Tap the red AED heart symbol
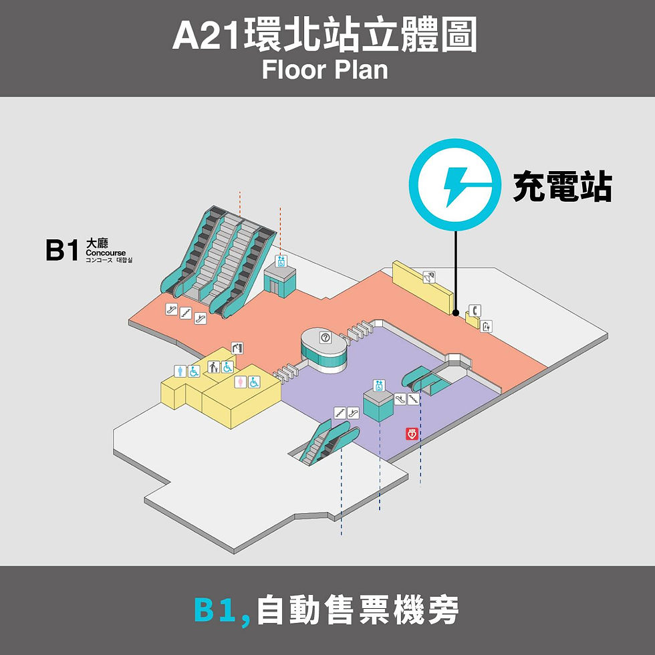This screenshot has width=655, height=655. tap(412, 434)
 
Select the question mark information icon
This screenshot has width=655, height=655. tap(326, 338)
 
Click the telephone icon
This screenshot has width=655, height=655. tap(475, 310)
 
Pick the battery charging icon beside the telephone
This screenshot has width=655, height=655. tap(487, 326)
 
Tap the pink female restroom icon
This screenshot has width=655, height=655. tap(241, 382)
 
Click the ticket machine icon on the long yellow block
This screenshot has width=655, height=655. tap(428, 275)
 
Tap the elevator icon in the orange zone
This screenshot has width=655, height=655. tap(281, 261)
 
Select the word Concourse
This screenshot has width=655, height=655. tap(106, 253)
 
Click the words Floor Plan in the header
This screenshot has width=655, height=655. tap(325, 70)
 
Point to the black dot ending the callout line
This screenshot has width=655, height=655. tap(455, 313)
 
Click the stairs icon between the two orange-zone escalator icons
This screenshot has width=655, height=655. tap(185, 313)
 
